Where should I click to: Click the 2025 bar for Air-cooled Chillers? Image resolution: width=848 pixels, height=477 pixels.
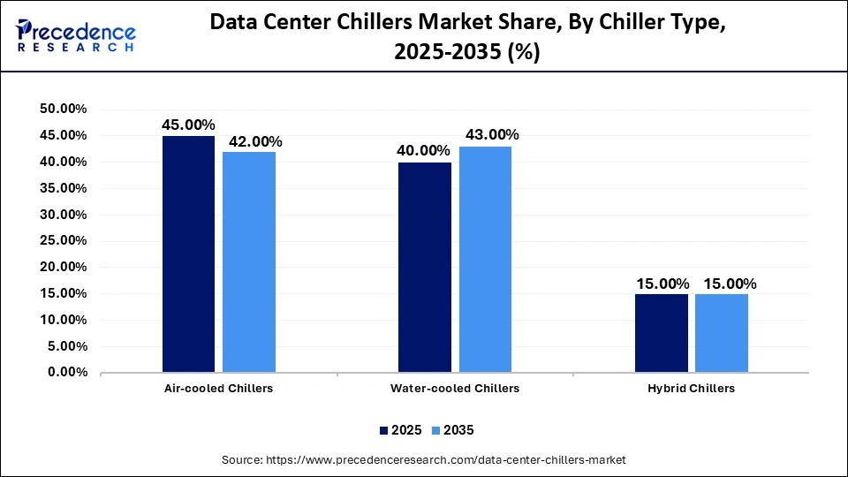pos(188,254)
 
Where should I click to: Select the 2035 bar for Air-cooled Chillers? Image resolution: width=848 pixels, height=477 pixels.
pos(248,261)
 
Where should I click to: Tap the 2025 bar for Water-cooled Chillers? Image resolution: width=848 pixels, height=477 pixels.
pos(425,267)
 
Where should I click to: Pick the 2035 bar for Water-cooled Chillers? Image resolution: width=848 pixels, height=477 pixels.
pos(485,259)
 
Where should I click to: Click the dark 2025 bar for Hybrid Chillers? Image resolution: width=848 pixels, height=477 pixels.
pos(662,333)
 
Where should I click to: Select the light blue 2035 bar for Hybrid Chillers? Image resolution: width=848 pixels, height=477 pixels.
pos(722,333)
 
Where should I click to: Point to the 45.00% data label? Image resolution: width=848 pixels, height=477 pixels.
pos(188,125)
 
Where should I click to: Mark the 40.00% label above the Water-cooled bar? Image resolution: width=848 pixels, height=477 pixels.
pos(423,151)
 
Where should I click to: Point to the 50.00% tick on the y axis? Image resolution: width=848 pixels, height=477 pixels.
pos(63,109)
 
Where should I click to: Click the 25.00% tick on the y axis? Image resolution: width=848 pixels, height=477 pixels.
pos(63,240)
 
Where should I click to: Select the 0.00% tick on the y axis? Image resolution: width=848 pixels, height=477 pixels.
pos(66,373)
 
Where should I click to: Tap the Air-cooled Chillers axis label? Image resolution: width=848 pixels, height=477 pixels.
pos(218,389)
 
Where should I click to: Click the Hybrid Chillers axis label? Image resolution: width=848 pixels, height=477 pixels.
pos(692,389)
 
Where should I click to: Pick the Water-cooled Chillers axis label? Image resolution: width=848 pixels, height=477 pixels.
pos(455,389)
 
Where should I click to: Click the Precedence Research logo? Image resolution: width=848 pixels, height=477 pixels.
pos(76,35)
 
